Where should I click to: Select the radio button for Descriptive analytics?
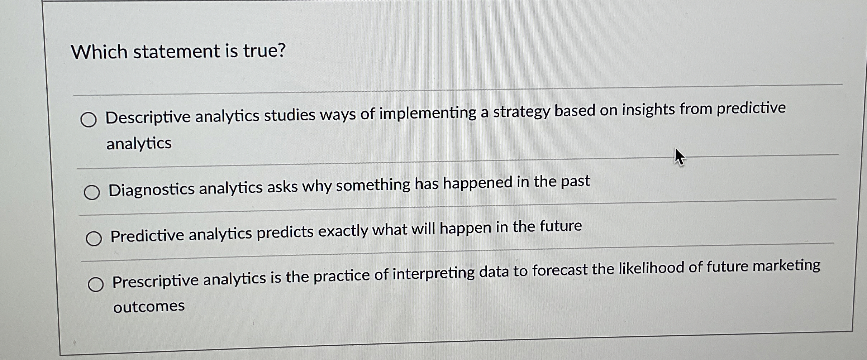click(x=89, y=120)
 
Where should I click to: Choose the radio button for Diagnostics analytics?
click(x=92, y=192)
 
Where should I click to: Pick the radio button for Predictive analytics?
click(x=94, y=238)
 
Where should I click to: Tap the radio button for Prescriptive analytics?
click(x=96, y=284)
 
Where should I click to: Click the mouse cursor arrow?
click(x=679, y=157)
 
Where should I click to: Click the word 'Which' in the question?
click(x=99, y=52)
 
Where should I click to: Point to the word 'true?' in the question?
click(x=265, y=51)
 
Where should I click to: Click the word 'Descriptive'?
click(x=148, y=117)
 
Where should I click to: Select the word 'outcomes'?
click(x=149, y=306)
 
